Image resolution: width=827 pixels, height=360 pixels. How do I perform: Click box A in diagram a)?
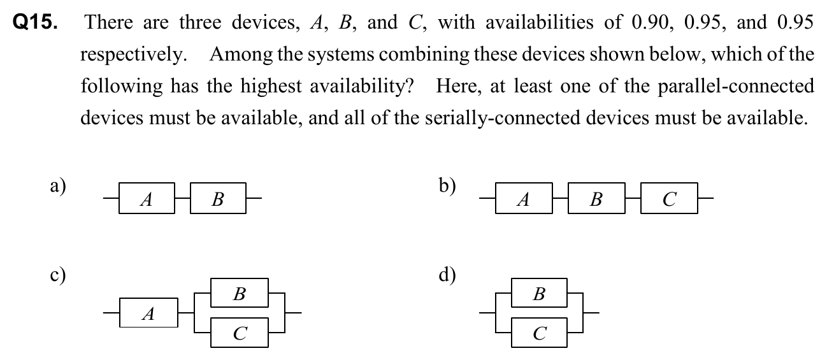tap(146, 199)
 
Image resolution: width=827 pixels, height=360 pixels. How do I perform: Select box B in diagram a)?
tap(217, 199)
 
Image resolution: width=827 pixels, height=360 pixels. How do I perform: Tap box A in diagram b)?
tap(523, 199)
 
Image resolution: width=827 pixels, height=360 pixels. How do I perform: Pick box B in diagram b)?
tap(595, 199)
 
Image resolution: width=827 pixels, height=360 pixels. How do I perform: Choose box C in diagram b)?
tap(668, 199)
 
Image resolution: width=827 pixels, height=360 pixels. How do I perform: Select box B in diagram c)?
tap(240, 294)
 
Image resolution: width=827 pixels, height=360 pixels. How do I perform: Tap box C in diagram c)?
tap(240, 333)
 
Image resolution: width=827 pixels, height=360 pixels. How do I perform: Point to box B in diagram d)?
tap(539, 294)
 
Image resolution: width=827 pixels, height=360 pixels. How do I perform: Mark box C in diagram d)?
tap(539, 333)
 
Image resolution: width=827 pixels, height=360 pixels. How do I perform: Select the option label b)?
tap(447, 185)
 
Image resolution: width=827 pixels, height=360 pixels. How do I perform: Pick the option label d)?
tap(447, 276)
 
